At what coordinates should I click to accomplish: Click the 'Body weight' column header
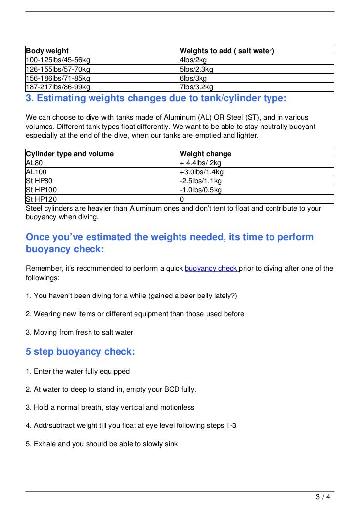[x=47, y=51]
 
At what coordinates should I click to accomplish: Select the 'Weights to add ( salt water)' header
[x=227, y=51]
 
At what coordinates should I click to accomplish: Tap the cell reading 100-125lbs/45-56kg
[x=58, y=60]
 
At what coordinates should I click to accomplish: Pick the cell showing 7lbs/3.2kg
[x=196, y=87]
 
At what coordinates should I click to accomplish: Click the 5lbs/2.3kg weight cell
[x=196, y=69]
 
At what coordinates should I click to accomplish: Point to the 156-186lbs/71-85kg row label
[x=58, y=78]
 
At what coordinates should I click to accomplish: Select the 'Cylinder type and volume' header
[x=70, y=154]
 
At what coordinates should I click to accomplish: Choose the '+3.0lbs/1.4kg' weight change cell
[x=202, y=172]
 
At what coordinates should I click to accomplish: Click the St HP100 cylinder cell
[x=41, y=190]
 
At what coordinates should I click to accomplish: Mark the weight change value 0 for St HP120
[x=182, y=199]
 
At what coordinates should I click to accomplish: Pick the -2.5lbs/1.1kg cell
[x=201, y=181]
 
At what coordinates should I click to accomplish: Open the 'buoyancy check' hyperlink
[x=211, y=268]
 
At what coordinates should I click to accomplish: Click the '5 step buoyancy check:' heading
[x=80, y=352]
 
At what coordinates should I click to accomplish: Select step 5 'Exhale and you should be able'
[x=102, y=444]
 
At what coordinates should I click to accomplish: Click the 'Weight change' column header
[x=206, y=154]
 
